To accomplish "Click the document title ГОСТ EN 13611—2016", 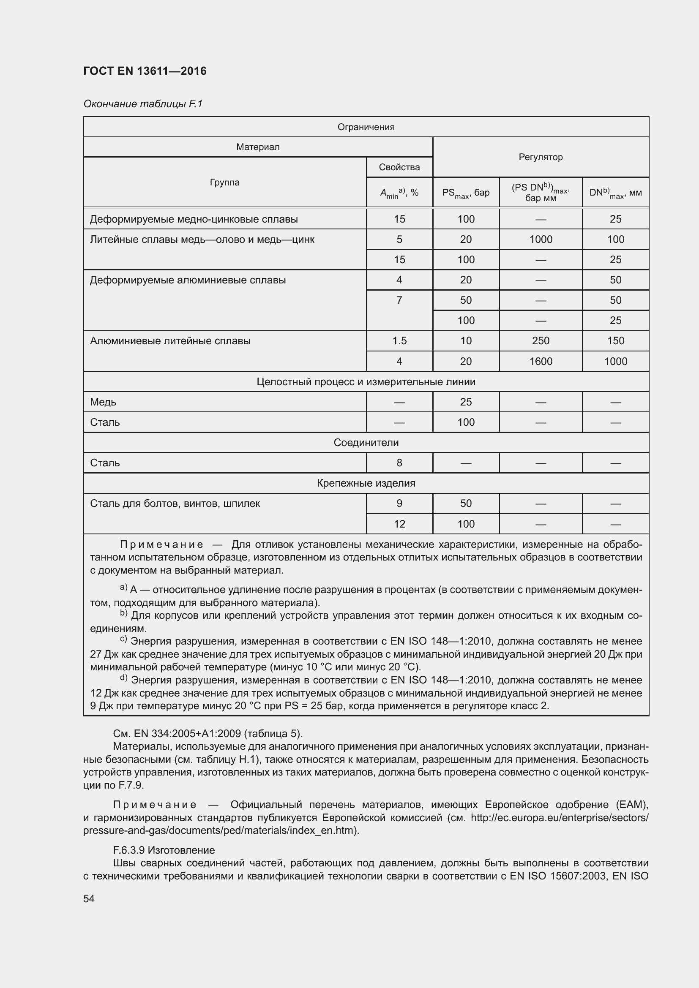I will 145,71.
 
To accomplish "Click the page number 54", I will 89,898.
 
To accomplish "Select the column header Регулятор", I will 540,157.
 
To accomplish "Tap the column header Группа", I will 224,182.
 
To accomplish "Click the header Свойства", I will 399,167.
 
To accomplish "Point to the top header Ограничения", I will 366,127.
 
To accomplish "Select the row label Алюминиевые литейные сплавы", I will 170,341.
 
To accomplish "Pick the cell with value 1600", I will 540,362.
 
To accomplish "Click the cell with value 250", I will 540,341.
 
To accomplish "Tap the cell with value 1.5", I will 399,341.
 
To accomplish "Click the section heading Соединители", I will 366,443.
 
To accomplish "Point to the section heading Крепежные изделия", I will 366,483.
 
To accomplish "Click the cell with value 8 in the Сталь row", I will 399,463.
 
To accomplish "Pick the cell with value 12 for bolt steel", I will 399,524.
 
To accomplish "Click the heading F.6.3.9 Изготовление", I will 164,850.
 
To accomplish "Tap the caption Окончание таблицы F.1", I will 142,104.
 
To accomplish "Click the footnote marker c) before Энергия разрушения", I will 123,640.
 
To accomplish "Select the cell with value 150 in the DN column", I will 615,341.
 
